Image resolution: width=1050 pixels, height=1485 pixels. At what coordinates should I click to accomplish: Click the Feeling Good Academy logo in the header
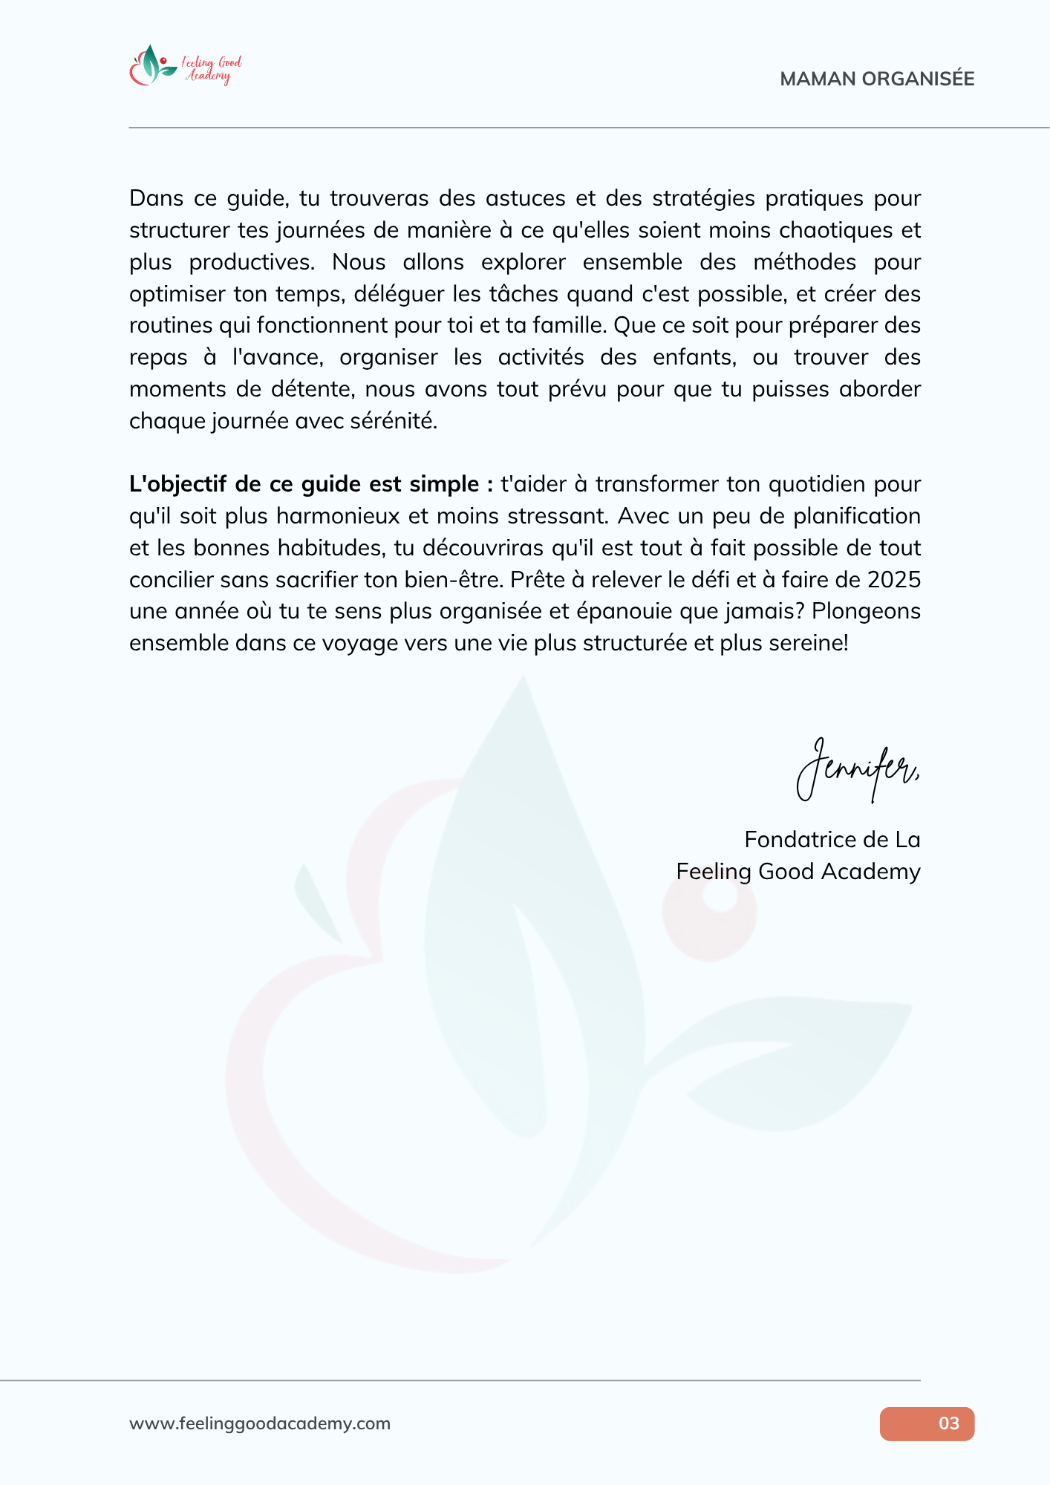point(186,66)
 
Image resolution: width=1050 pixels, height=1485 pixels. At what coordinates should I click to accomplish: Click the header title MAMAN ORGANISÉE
point(877,79)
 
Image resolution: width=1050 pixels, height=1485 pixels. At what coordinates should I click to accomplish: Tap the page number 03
point(948,1423)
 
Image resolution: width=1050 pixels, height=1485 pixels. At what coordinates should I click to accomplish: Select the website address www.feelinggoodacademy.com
point(260,1423)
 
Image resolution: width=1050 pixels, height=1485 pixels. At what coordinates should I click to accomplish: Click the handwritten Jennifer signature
point(858,770)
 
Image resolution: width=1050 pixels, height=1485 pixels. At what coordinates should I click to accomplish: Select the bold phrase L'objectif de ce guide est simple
point(311,484)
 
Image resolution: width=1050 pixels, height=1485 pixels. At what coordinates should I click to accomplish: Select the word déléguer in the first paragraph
point(400,294)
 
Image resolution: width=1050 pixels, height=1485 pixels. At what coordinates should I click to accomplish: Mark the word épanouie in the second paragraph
point(633,611)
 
